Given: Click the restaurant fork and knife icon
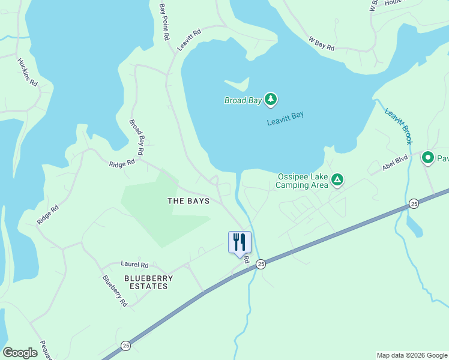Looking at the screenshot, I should (240, 242).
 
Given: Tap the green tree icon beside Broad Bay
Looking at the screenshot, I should (271, 99).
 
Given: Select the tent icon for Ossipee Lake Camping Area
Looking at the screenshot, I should (337, 179).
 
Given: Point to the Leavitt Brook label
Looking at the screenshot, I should (399, 126).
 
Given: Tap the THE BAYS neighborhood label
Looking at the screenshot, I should (188, 201).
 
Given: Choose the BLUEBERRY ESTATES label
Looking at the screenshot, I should (148, 282).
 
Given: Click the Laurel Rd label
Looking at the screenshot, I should (134, 264).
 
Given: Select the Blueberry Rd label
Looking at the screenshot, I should (115, 291).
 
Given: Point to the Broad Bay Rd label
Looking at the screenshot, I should (136, 137).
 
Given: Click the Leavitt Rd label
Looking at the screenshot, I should (189, 39).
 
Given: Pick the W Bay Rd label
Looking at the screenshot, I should (322, 44).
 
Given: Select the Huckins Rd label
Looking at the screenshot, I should (28, 72).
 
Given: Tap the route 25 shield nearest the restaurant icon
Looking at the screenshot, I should (261, 263).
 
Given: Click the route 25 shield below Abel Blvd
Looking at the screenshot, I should (414, 204).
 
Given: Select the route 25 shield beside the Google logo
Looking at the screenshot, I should (125, 345).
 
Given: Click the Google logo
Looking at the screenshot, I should (20, 353).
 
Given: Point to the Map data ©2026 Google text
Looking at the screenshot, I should (412, 355).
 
